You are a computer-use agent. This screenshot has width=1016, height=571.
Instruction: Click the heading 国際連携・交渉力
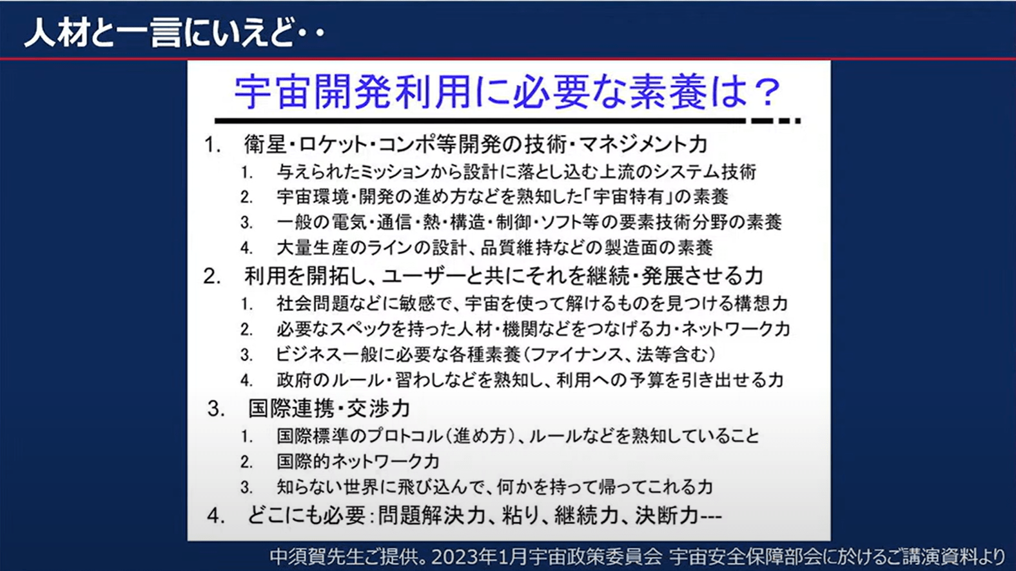point(329,409)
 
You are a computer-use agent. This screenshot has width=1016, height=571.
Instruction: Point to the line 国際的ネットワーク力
point(358,461)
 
